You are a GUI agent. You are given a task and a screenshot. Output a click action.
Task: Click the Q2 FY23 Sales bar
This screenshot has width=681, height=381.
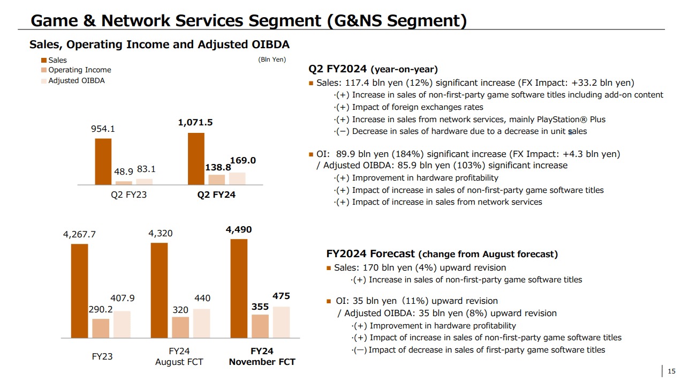[103, 161]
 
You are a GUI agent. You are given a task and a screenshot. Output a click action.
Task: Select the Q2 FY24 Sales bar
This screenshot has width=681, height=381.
[196, 159]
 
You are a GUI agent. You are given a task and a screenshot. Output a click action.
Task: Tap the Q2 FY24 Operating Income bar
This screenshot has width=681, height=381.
[216, 180]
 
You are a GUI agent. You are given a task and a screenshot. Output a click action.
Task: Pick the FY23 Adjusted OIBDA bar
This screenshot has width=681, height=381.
[122, 324]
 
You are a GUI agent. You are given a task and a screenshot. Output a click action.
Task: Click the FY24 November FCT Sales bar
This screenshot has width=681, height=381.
[239, 288]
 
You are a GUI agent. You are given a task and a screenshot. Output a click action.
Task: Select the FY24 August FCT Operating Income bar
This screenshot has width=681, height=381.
[180, 327]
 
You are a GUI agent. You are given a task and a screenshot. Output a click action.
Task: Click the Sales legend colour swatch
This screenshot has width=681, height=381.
[44, 61]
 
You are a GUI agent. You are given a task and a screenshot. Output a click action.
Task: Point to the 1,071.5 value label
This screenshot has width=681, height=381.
[195, 123]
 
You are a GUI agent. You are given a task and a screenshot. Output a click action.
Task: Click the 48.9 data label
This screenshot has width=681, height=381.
[124, 171]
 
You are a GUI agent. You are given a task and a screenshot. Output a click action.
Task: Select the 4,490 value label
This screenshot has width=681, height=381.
[239, 230]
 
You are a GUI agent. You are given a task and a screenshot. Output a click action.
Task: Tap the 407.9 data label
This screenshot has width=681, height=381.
[123, 298]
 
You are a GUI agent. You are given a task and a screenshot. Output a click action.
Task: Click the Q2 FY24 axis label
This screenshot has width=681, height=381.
[216, 195]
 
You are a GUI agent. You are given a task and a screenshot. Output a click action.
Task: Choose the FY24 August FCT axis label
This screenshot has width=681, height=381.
[179, 356]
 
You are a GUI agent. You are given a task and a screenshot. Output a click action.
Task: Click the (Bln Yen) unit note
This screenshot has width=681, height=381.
[272, 60]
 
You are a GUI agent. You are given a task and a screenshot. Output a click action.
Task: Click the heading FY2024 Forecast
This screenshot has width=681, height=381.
[370, 254]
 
